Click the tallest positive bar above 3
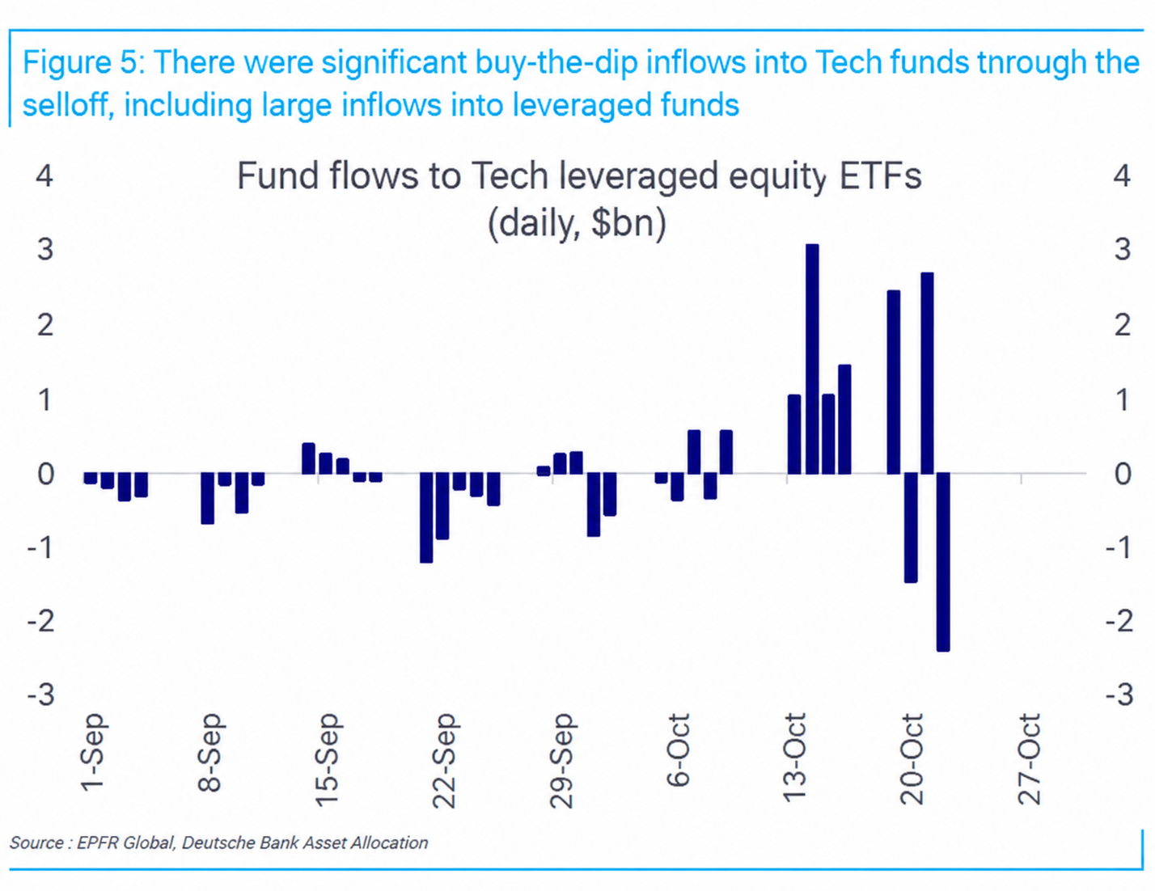coord(812,359)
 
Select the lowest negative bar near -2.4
coord(943,562)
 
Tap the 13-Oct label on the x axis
coord(795,758)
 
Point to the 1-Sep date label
coord(93,752)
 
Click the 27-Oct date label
coord(1029,758)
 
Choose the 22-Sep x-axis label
coord(444,761)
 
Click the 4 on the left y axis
coord(44,176)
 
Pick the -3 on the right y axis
coord(1119,695)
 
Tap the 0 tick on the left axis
coord(46,473)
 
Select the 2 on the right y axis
coord(1122,325)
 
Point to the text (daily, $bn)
coord(577,223)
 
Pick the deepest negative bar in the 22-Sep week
coord(426,517)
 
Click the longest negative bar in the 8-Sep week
coord(207,498)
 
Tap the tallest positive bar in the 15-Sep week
coord(308,458)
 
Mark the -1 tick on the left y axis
coord(41,547)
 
